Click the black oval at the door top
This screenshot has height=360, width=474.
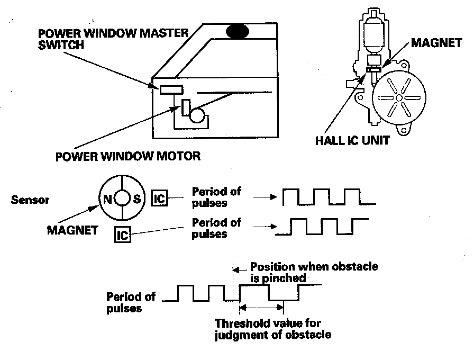(238, 31)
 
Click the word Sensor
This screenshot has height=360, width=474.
(30, 200)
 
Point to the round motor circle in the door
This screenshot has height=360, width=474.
(198, 115)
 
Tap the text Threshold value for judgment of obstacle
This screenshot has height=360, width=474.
(273, 328)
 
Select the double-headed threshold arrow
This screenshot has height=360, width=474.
(262, 307)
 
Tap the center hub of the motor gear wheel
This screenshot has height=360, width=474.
(397, 98)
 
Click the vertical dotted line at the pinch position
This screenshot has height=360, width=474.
(233, 286)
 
